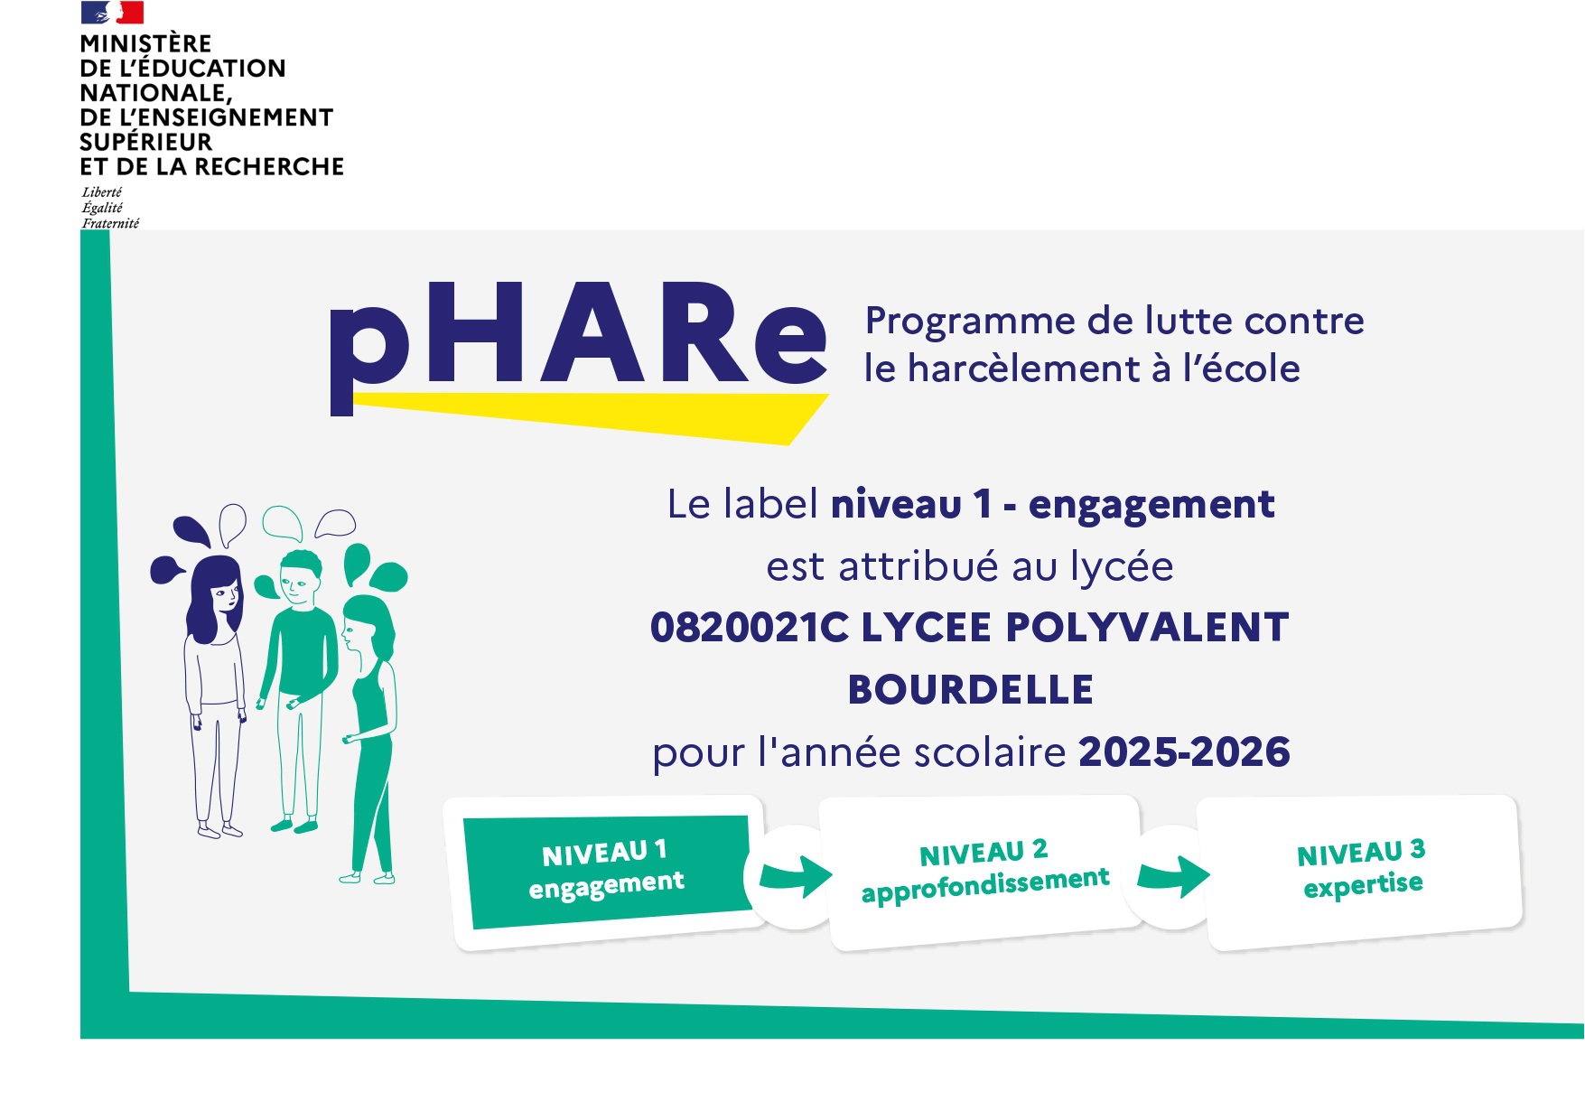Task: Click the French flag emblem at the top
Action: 112,12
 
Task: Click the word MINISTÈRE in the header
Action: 145,43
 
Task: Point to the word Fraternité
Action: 110,223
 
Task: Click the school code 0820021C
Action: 750,627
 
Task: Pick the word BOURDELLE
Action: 970,689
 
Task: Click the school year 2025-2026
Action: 1184,751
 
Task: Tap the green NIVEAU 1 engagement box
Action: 607,872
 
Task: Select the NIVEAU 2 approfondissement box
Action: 984,873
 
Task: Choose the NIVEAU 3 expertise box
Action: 1361,872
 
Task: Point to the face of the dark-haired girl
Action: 226,597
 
